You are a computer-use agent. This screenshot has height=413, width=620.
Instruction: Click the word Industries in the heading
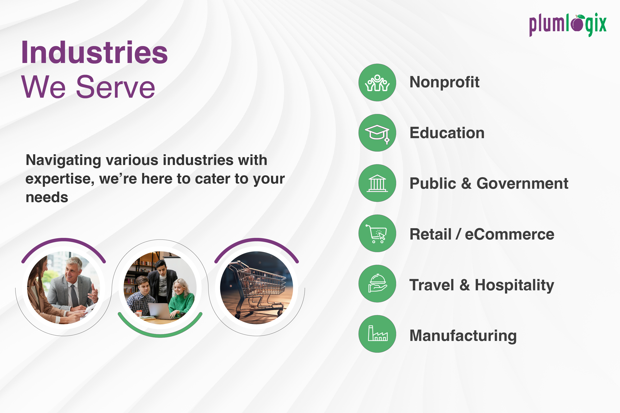click(x=94, y=52)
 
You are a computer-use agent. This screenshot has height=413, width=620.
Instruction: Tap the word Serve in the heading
click(x=116, y=87)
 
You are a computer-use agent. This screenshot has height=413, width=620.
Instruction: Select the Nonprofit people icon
click(x=377, y=83)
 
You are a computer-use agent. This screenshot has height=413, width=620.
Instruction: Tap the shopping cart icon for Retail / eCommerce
click(x=376, y=234)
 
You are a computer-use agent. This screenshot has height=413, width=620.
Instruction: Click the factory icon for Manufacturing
click(x=378, y=333)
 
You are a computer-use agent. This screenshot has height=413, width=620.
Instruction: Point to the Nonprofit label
click(x=445, y=82)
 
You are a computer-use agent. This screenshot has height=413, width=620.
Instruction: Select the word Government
click(x=522, y=183)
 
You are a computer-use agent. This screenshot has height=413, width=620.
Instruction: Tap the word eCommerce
click(x=510, y=234)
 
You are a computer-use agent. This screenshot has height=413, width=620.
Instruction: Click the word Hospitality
click(x=514, y=285)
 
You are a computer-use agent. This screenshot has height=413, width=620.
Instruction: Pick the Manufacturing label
click(x=463, y=336)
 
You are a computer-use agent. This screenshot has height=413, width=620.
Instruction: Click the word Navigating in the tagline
click(x=63, y=160)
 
